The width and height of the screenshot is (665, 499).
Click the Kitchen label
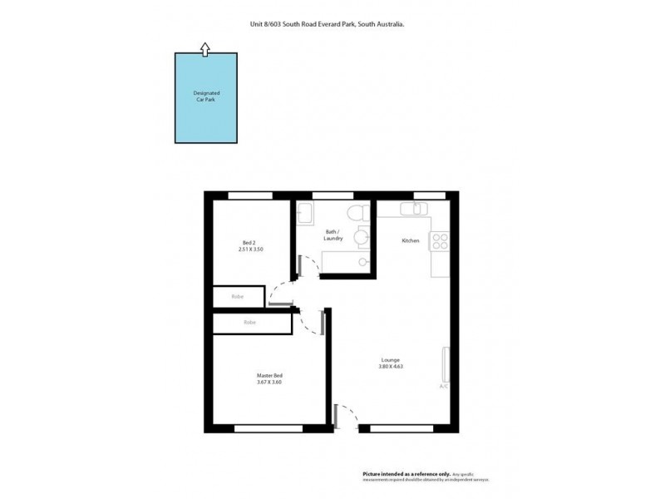point(411,240)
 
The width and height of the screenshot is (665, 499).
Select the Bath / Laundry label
point(334,235)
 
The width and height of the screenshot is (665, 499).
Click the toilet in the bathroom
point(358,212)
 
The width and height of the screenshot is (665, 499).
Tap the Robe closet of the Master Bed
point(249,323)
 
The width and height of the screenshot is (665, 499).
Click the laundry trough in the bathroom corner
point(305,212)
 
